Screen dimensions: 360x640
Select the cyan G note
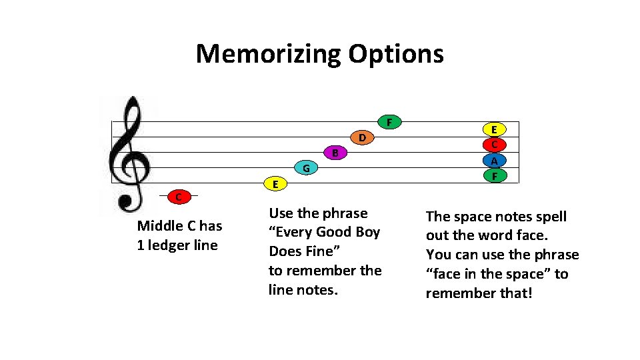pyautogui.click(x=305, y=168)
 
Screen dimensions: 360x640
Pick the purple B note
pyautogui.click(x=336, y=153)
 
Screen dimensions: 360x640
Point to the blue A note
pyautogui.click(x=494, y=161)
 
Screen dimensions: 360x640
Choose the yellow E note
pyautogui.click(x=494, y=129)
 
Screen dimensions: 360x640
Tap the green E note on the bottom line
pyautogui.click(x=274, y=183)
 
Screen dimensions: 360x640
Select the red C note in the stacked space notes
pyautogui.click(x=494, y=145)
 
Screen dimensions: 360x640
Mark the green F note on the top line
pyautogui.click(x=389, y=122)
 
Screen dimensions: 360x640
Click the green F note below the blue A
pyautogui.click(x=494, y=176)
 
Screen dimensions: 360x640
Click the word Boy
pyautogui.click(x=367, y=232)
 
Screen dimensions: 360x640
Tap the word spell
pyautogui.click(x=551, y=217)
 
